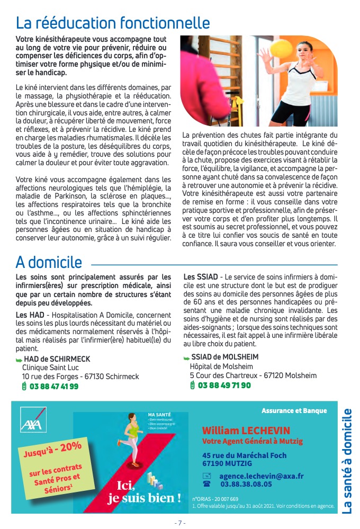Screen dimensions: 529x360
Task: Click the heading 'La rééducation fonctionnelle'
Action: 113,23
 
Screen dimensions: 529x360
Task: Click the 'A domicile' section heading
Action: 49,262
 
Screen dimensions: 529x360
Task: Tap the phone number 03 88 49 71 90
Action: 224,385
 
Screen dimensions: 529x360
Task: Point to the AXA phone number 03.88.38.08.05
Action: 246,483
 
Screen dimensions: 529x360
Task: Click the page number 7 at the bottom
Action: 179,523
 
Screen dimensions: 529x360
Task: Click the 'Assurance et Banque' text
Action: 294,410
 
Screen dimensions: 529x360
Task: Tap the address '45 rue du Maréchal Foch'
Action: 244,455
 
